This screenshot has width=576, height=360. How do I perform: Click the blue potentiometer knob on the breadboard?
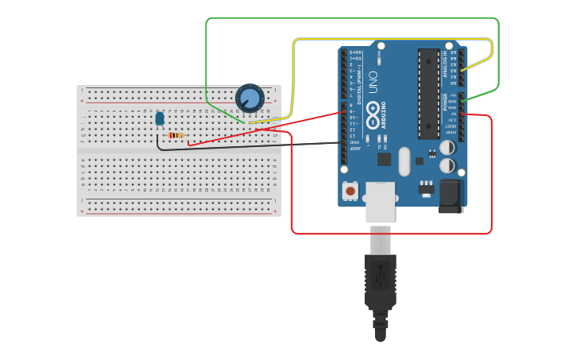coord(249,99)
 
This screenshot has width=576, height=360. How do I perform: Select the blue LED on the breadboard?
coord(160,118)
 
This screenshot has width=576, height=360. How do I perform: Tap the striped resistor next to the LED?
coord(176,135)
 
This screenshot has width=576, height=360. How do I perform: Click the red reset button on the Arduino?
coord(350,191)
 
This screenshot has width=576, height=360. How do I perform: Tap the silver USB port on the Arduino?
coord(380,203)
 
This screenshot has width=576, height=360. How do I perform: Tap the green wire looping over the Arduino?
coord(350,18)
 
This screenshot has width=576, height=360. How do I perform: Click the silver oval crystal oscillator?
coord(404,161)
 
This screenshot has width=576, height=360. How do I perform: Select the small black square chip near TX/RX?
coord(385,159)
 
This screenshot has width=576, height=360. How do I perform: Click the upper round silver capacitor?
coord(447,148)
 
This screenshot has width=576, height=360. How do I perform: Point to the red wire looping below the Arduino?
coord(389,234)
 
